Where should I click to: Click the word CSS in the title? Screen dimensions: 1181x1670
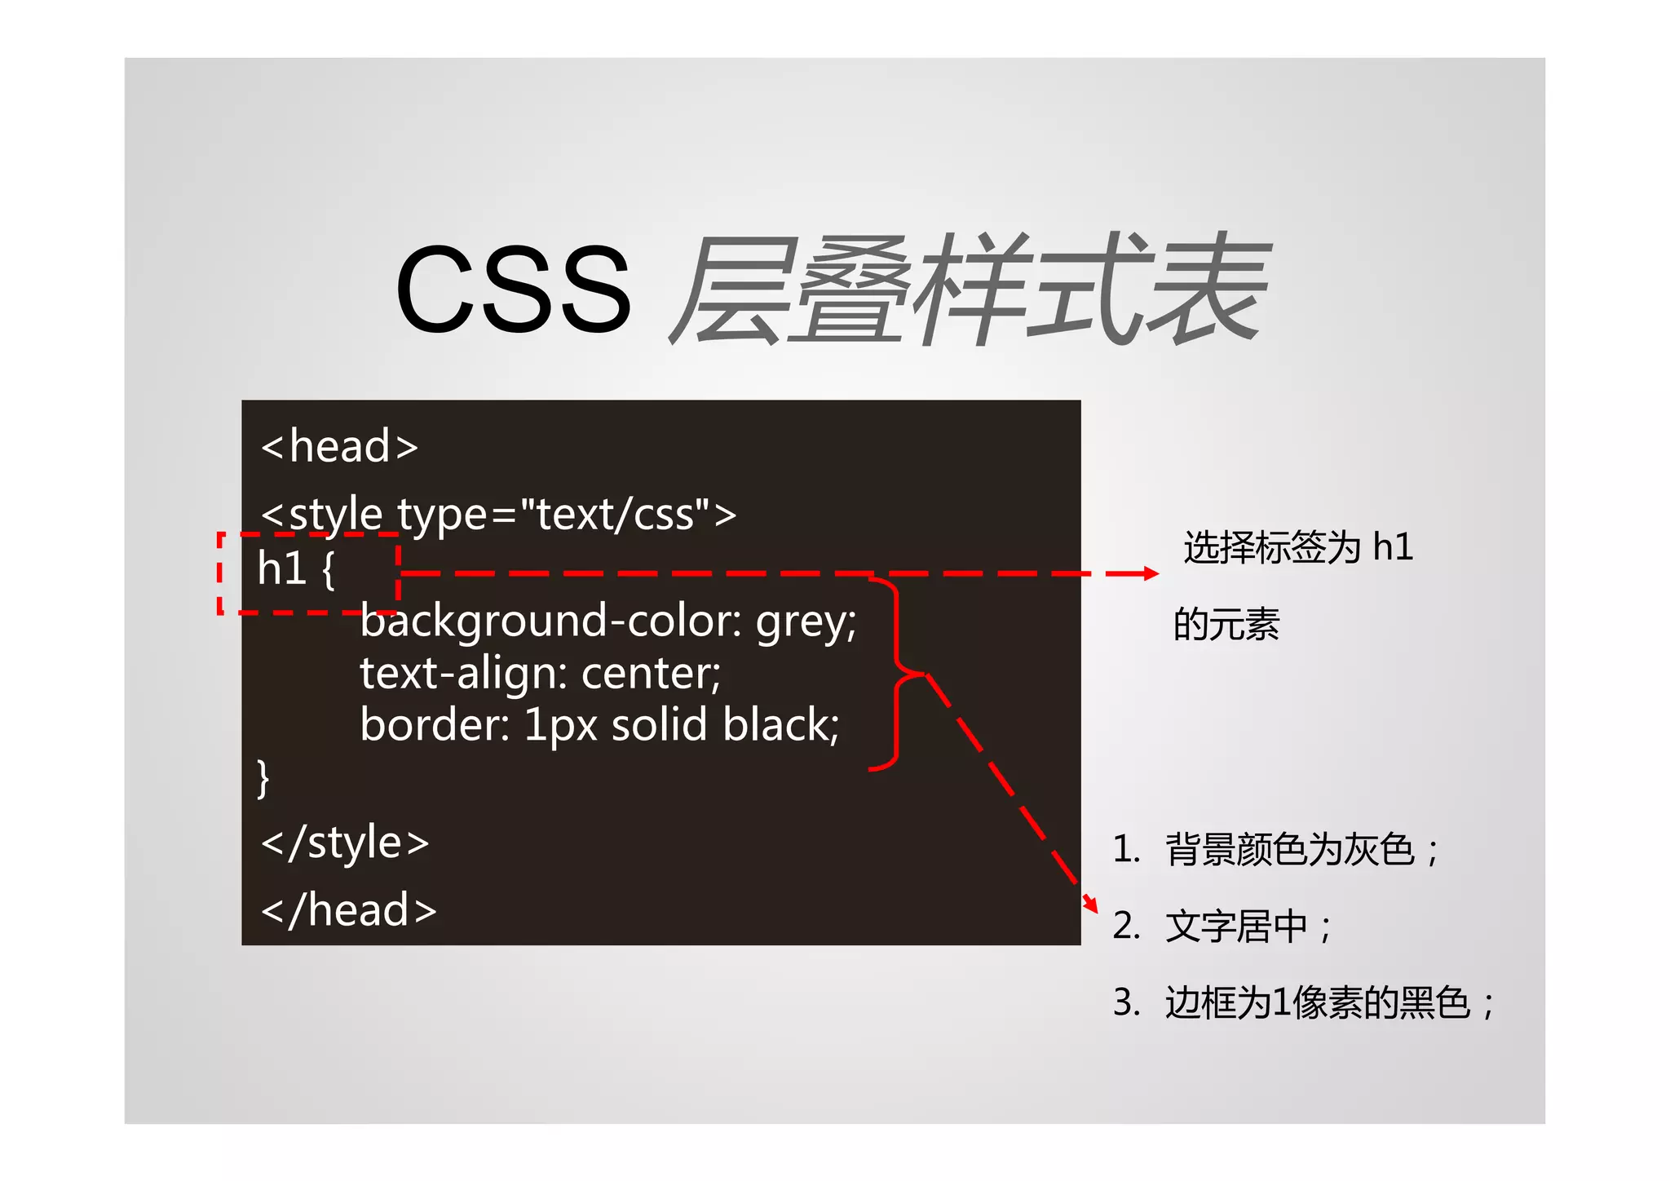click(513, 290)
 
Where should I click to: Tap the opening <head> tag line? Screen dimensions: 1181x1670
click(339, 446)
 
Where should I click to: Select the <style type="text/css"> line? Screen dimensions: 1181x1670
click(498, 514)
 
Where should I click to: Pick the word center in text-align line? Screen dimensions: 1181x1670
click(650, 674)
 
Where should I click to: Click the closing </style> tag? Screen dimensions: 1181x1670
click(345, 843)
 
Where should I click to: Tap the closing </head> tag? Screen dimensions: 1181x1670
click(348, 910)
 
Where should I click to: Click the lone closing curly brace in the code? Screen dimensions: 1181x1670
click(263, 778)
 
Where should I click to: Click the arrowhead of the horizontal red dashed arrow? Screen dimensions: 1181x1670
click(1151, 574)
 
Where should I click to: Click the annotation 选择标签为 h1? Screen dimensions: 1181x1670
click(1298, 546)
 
